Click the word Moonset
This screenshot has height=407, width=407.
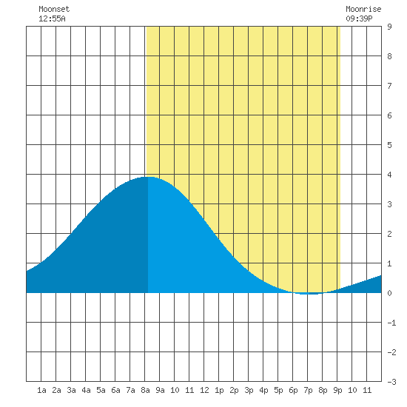pyautogui.click(x=54, y=9)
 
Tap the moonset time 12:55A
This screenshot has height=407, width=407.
pyautogui.click(x=52, y=18)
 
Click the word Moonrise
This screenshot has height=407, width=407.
pyautogui.click(x=363, y=9)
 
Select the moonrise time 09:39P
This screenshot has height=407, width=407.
pyautogui.click(x=359, y=18)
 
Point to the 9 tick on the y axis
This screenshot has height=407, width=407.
pyautogui.click(x=389, y=27)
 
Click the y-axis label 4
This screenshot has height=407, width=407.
pyautogui.click(x=389, y=175)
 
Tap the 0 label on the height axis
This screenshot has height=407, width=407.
pyautogui.click(x=389, y=293)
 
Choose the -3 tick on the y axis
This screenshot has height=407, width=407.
pyautogui.click(x=391, y=382)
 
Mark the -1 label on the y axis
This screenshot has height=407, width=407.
pyautogui.click(x=391, y=323)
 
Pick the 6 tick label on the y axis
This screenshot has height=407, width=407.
pyautogui.click(x=389, y=115)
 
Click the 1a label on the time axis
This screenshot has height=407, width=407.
pyautogui.click(x=41, y=390)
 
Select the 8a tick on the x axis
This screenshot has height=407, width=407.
pyautogui.click(x=145, y=390)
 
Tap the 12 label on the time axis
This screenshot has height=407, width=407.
pyautogui.click(x=204, y=390)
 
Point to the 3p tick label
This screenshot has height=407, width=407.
pyautogui.click(x=249, y=390)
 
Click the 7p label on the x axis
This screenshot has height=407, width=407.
pyautogui.click(x=308, y=390)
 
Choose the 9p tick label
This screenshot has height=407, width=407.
pyautogui.click(x=337, y=390)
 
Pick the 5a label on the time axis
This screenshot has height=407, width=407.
pyautogui.click(x=101, y=390)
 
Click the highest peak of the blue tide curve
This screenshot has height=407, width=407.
pyautogui.click(x=149, y=177)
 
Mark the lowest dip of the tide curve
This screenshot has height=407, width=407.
pyautogui.click(x=309, y=294)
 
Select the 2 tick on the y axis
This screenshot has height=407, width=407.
pyautogui.click(x=389, y=234)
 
